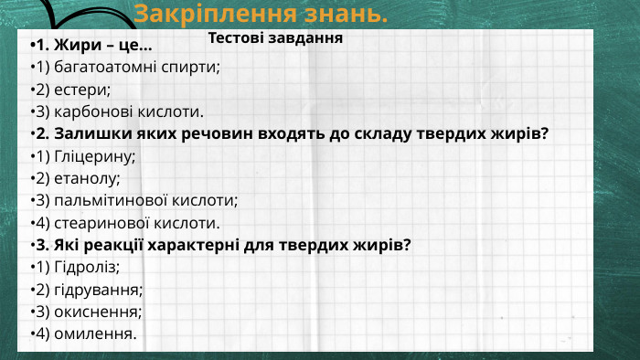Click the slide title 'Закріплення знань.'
point(261,15)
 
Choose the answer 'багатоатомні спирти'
point(137,68)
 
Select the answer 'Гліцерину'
point(95,156)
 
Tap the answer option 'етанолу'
point(88,178)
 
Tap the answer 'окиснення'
point(97,311)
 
